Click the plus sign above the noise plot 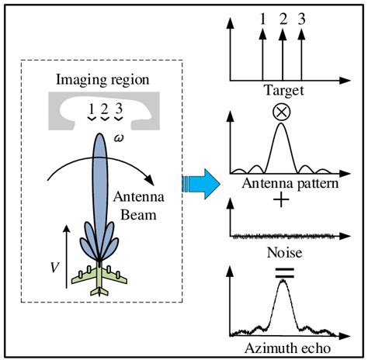tap(283, 199)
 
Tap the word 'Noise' tap(283, 253)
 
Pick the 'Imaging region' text tap(102, 80)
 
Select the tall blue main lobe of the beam tap(101, 186)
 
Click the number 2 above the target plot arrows tap(282, 15)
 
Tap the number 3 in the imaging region tap(118, 109)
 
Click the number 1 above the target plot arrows tap(262, 15)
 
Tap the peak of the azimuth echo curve tap(283, 282)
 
